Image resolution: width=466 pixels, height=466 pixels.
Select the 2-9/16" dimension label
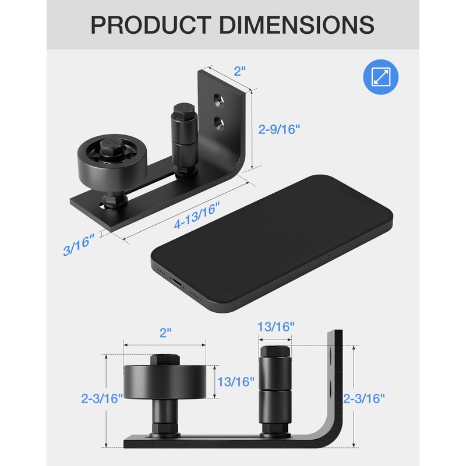pyautogui.click(x=279, y=129)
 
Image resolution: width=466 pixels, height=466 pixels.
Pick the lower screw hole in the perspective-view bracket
pyautogui.click(x=219, y=122)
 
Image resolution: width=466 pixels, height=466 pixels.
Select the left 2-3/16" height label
pyautogui.click(x=102, y=398)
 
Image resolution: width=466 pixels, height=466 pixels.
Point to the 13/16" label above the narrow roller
pyautogui.click(x=276, y=327)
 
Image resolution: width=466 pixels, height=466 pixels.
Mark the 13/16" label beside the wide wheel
pyautogui.click(x=235, y=382)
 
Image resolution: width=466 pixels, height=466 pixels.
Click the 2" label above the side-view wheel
pyautogui.click(x=166, y=333)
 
